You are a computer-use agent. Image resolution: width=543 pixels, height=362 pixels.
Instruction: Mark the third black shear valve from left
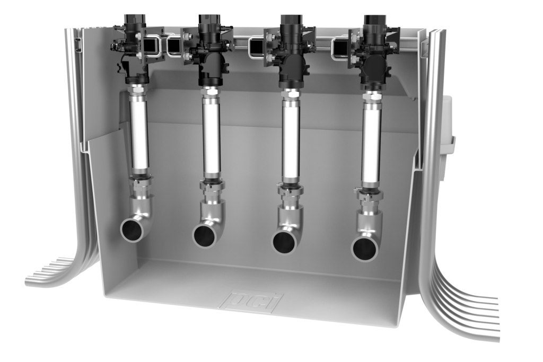click(290, 61)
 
